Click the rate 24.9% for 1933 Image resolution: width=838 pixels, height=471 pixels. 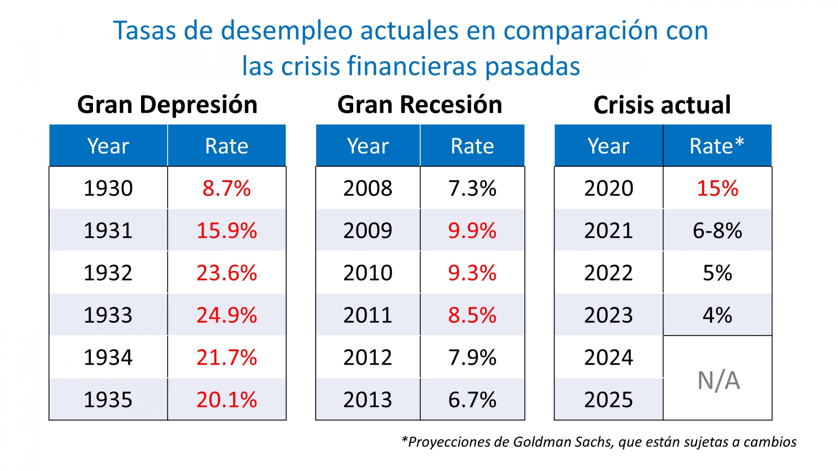(227, 315)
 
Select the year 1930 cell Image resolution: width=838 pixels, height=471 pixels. (108, 188)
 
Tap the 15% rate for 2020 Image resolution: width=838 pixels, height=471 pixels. (717, 188)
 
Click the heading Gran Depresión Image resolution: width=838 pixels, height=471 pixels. (167, 105)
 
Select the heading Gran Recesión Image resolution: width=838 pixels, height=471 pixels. (420, 105)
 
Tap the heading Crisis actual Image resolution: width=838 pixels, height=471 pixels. (662, 105)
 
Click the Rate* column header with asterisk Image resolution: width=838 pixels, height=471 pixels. (717, 146)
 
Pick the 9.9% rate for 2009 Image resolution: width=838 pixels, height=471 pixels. (472, 231)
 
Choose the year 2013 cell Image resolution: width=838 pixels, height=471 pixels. (368, 400)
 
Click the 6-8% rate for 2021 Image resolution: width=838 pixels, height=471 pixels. (717, 231)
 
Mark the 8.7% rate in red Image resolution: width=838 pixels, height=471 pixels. (227, 188)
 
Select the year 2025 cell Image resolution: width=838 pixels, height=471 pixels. (609, 400)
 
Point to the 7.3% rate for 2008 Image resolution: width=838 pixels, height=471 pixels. (472, 188)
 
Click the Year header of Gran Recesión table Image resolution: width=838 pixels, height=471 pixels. (368, 146)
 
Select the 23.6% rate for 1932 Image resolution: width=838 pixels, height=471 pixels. (227, 273)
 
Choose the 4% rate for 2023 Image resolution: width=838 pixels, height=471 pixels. (717, 315)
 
